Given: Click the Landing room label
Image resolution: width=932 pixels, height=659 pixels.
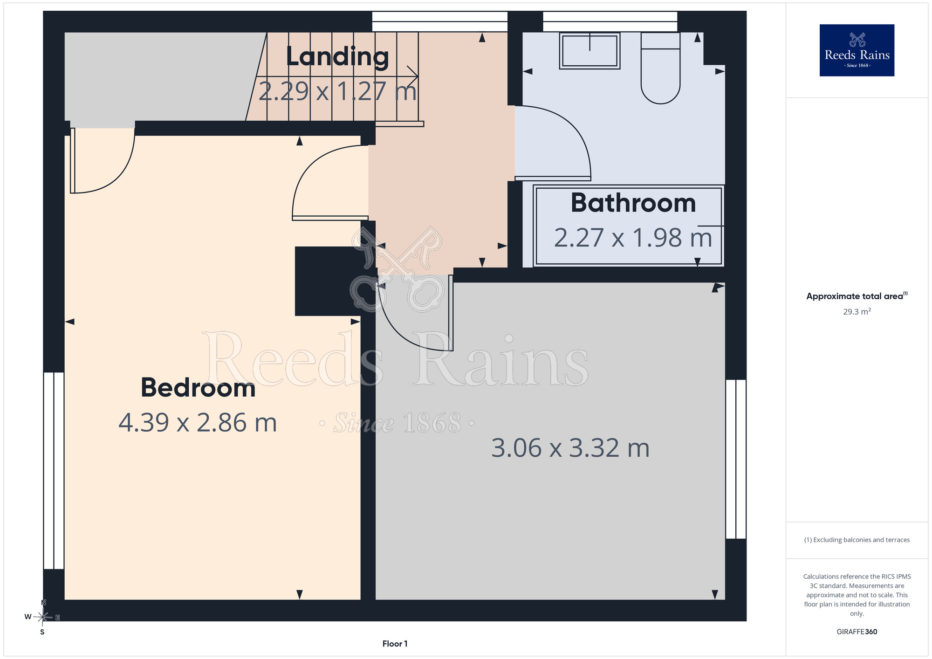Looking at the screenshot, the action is pyautogui.click(x=337, y=57).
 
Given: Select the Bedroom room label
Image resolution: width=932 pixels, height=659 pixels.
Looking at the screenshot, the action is pyautogui.click(x=198, y=388).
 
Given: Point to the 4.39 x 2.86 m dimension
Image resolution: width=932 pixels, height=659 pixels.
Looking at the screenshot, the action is pyautogui.click(x=198, y=423).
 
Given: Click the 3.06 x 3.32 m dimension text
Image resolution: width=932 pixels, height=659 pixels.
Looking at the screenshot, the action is pyautogui.click(x=570, y=448).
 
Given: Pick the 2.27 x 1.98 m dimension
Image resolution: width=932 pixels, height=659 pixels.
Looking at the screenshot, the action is pyautogui.click(x=633, y=238).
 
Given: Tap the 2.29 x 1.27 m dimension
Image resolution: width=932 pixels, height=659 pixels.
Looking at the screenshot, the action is pyautogui.click(x=337, y=91).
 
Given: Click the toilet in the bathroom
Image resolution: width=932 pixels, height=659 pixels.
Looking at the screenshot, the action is pyautogui.click(x=660, y=68).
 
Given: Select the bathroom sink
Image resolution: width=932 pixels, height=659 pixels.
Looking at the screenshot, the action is pyautogui.click(x=589, y=51).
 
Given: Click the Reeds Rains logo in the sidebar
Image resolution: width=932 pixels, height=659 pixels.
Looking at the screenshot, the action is pyautogui.click(x=857, y=50).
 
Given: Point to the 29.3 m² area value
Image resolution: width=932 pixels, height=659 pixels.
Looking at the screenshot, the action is pyautogui.click(x=857, y=311).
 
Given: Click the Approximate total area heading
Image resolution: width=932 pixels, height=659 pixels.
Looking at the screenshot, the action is pyautogui.click(x=857, y=296).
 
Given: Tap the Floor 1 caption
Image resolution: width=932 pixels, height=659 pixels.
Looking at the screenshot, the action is pyautogui.click(x=395, y=644).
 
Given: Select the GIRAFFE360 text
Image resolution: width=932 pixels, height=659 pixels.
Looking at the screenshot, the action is pyautogui.click(x=857, y=632).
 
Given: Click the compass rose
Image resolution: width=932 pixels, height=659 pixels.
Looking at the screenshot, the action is pyautogui.click(x=43, y=617).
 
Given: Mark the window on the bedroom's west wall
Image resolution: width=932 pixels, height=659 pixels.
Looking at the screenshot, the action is pyautogui.click(x=54, y=470).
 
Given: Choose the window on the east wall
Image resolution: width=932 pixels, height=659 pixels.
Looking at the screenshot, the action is pyautogui.click(x=736, y=459).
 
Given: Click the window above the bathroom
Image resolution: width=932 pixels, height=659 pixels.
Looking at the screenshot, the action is pyautogui.click(x=610, y=21).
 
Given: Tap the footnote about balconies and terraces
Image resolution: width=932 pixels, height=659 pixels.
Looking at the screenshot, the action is pyautogui.click(x=857, y=540).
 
